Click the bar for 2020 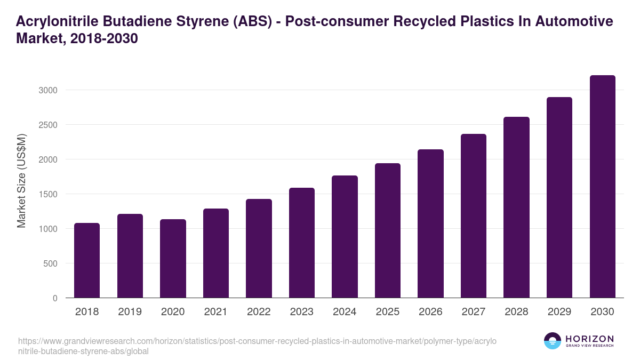tap(173, 259)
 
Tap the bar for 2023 tap(301, 243)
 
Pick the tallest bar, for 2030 tap(602, 187)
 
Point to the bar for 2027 tap(473, 216)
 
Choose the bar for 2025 tap(387, 230)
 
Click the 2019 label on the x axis tap(130, 312)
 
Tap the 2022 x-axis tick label tap(259, 312)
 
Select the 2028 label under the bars tap(516, 312)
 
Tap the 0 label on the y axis tap(55, 298)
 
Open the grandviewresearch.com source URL tap(256, 346)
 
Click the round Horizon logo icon tap(552, 341)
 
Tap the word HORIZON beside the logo tap(589, 338)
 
